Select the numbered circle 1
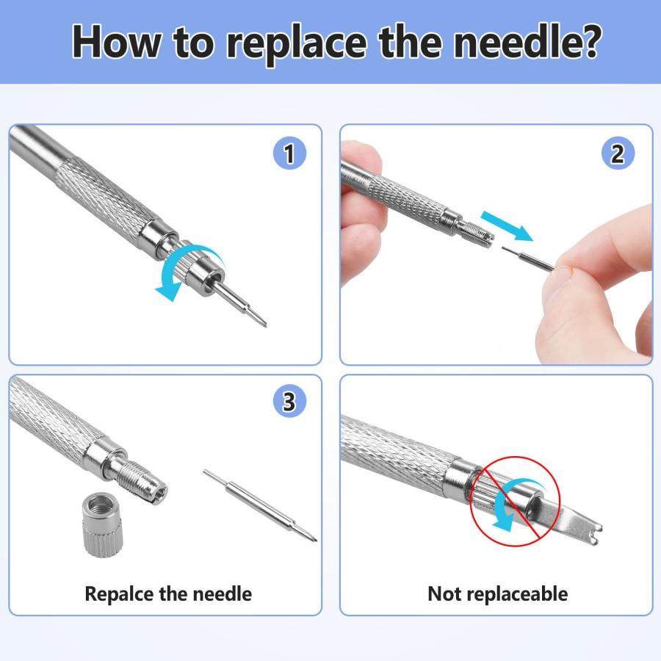289,153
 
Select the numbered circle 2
618,153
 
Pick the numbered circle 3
289,401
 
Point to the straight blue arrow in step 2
507,225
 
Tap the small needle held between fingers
529,258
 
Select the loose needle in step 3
260,505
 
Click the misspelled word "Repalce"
119,594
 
